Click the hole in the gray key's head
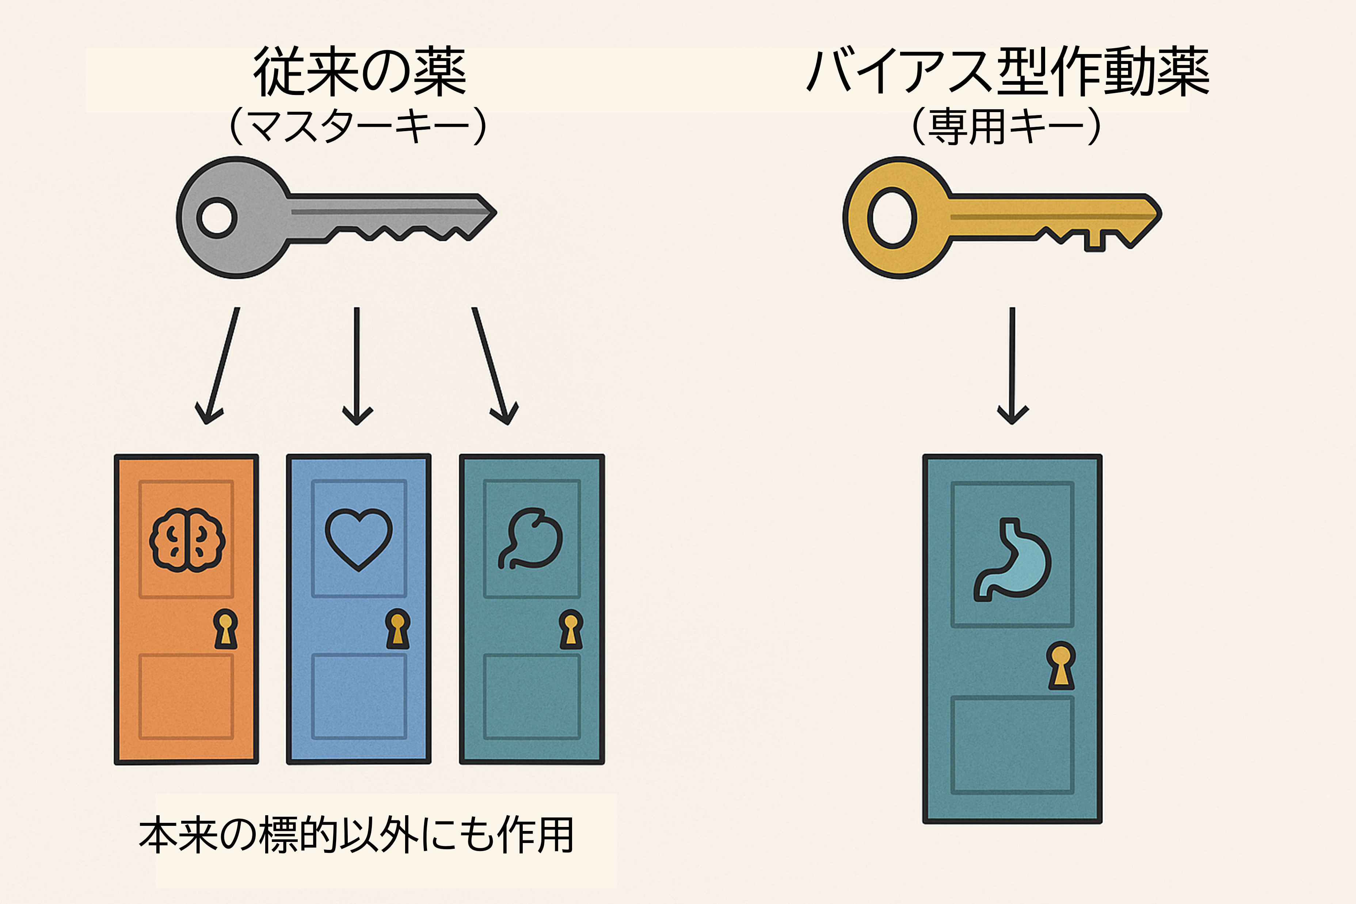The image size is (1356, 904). point(217,218)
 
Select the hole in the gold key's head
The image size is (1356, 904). point(892,218)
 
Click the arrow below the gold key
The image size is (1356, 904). point(1012,366)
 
